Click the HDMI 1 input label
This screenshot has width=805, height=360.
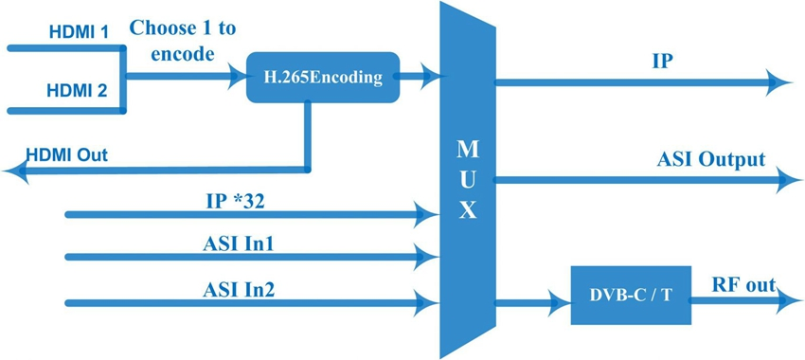pos(80,32)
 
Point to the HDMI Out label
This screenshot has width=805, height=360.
pos(67,154)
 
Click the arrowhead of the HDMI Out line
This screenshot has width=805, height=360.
pos(14,171)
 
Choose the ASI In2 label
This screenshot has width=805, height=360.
pos(239,289)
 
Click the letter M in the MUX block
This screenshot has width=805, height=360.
pos(468,150)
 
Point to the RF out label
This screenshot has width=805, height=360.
pos(743,284)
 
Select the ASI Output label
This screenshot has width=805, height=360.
pos(711,158)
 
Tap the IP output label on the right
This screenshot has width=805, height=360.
pos(662,62)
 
